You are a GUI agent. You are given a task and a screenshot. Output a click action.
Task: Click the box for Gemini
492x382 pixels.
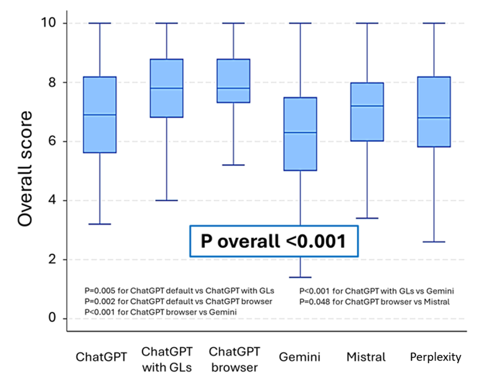pos(300,134)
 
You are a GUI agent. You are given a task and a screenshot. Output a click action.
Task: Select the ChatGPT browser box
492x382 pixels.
pos(233,81)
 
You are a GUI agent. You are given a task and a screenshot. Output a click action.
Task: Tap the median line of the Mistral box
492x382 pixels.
pos(367,106)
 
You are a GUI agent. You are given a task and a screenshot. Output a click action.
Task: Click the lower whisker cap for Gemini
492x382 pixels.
pos(300,277)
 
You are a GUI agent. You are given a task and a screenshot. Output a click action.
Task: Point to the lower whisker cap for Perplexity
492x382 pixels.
pos(434,241)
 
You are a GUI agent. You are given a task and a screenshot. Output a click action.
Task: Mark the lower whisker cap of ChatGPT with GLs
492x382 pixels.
pos(167,200)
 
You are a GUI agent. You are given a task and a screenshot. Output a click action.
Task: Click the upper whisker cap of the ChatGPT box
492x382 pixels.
pos(99,23)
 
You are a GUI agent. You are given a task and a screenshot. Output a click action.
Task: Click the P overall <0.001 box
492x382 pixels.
pos(273,241)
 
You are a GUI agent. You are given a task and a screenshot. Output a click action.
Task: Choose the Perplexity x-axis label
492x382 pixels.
pos(435,357)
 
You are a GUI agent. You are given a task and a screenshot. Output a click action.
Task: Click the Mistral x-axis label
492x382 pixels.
pos(367,357)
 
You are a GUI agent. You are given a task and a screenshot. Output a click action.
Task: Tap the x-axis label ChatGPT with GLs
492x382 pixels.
pos(167,359)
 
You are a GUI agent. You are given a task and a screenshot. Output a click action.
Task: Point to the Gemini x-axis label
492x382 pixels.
pos(300,357)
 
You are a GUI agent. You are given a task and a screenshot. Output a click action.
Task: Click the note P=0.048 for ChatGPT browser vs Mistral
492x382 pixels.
pos(374,302)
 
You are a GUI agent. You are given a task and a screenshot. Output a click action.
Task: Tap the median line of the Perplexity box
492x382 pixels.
pos(434,117)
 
